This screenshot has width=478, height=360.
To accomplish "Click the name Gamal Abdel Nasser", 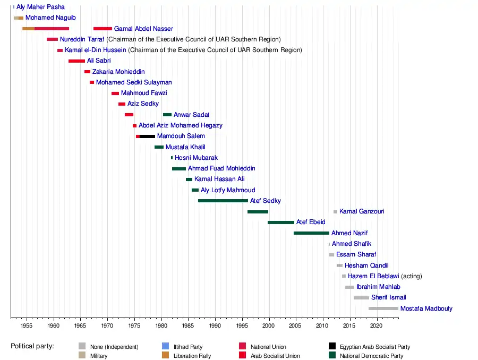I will (143, 29).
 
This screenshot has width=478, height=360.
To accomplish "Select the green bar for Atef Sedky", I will (223, 201).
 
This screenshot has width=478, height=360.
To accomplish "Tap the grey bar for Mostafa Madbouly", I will (383, 308).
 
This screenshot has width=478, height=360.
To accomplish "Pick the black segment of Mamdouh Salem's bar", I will (147, 136).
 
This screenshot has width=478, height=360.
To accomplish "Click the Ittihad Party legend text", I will (188, 347).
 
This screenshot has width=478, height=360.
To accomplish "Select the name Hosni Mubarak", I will (196, 158).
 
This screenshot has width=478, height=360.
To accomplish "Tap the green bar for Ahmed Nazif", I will (311, 233).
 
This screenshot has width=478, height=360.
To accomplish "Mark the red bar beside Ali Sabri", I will (76, 61).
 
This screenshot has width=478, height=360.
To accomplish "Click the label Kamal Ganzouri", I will (362, 211).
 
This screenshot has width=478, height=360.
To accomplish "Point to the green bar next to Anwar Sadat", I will (167, 115).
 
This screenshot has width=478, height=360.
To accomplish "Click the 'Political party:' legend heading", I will (32, 346).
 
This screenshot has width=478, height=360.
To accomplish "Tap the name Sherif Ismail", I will (388, 297).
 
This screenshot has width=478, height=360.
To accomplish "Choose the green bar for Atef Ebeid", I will (280, 222).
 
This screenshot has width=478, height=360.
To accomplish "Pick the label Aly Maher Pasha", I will (40, 7).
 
